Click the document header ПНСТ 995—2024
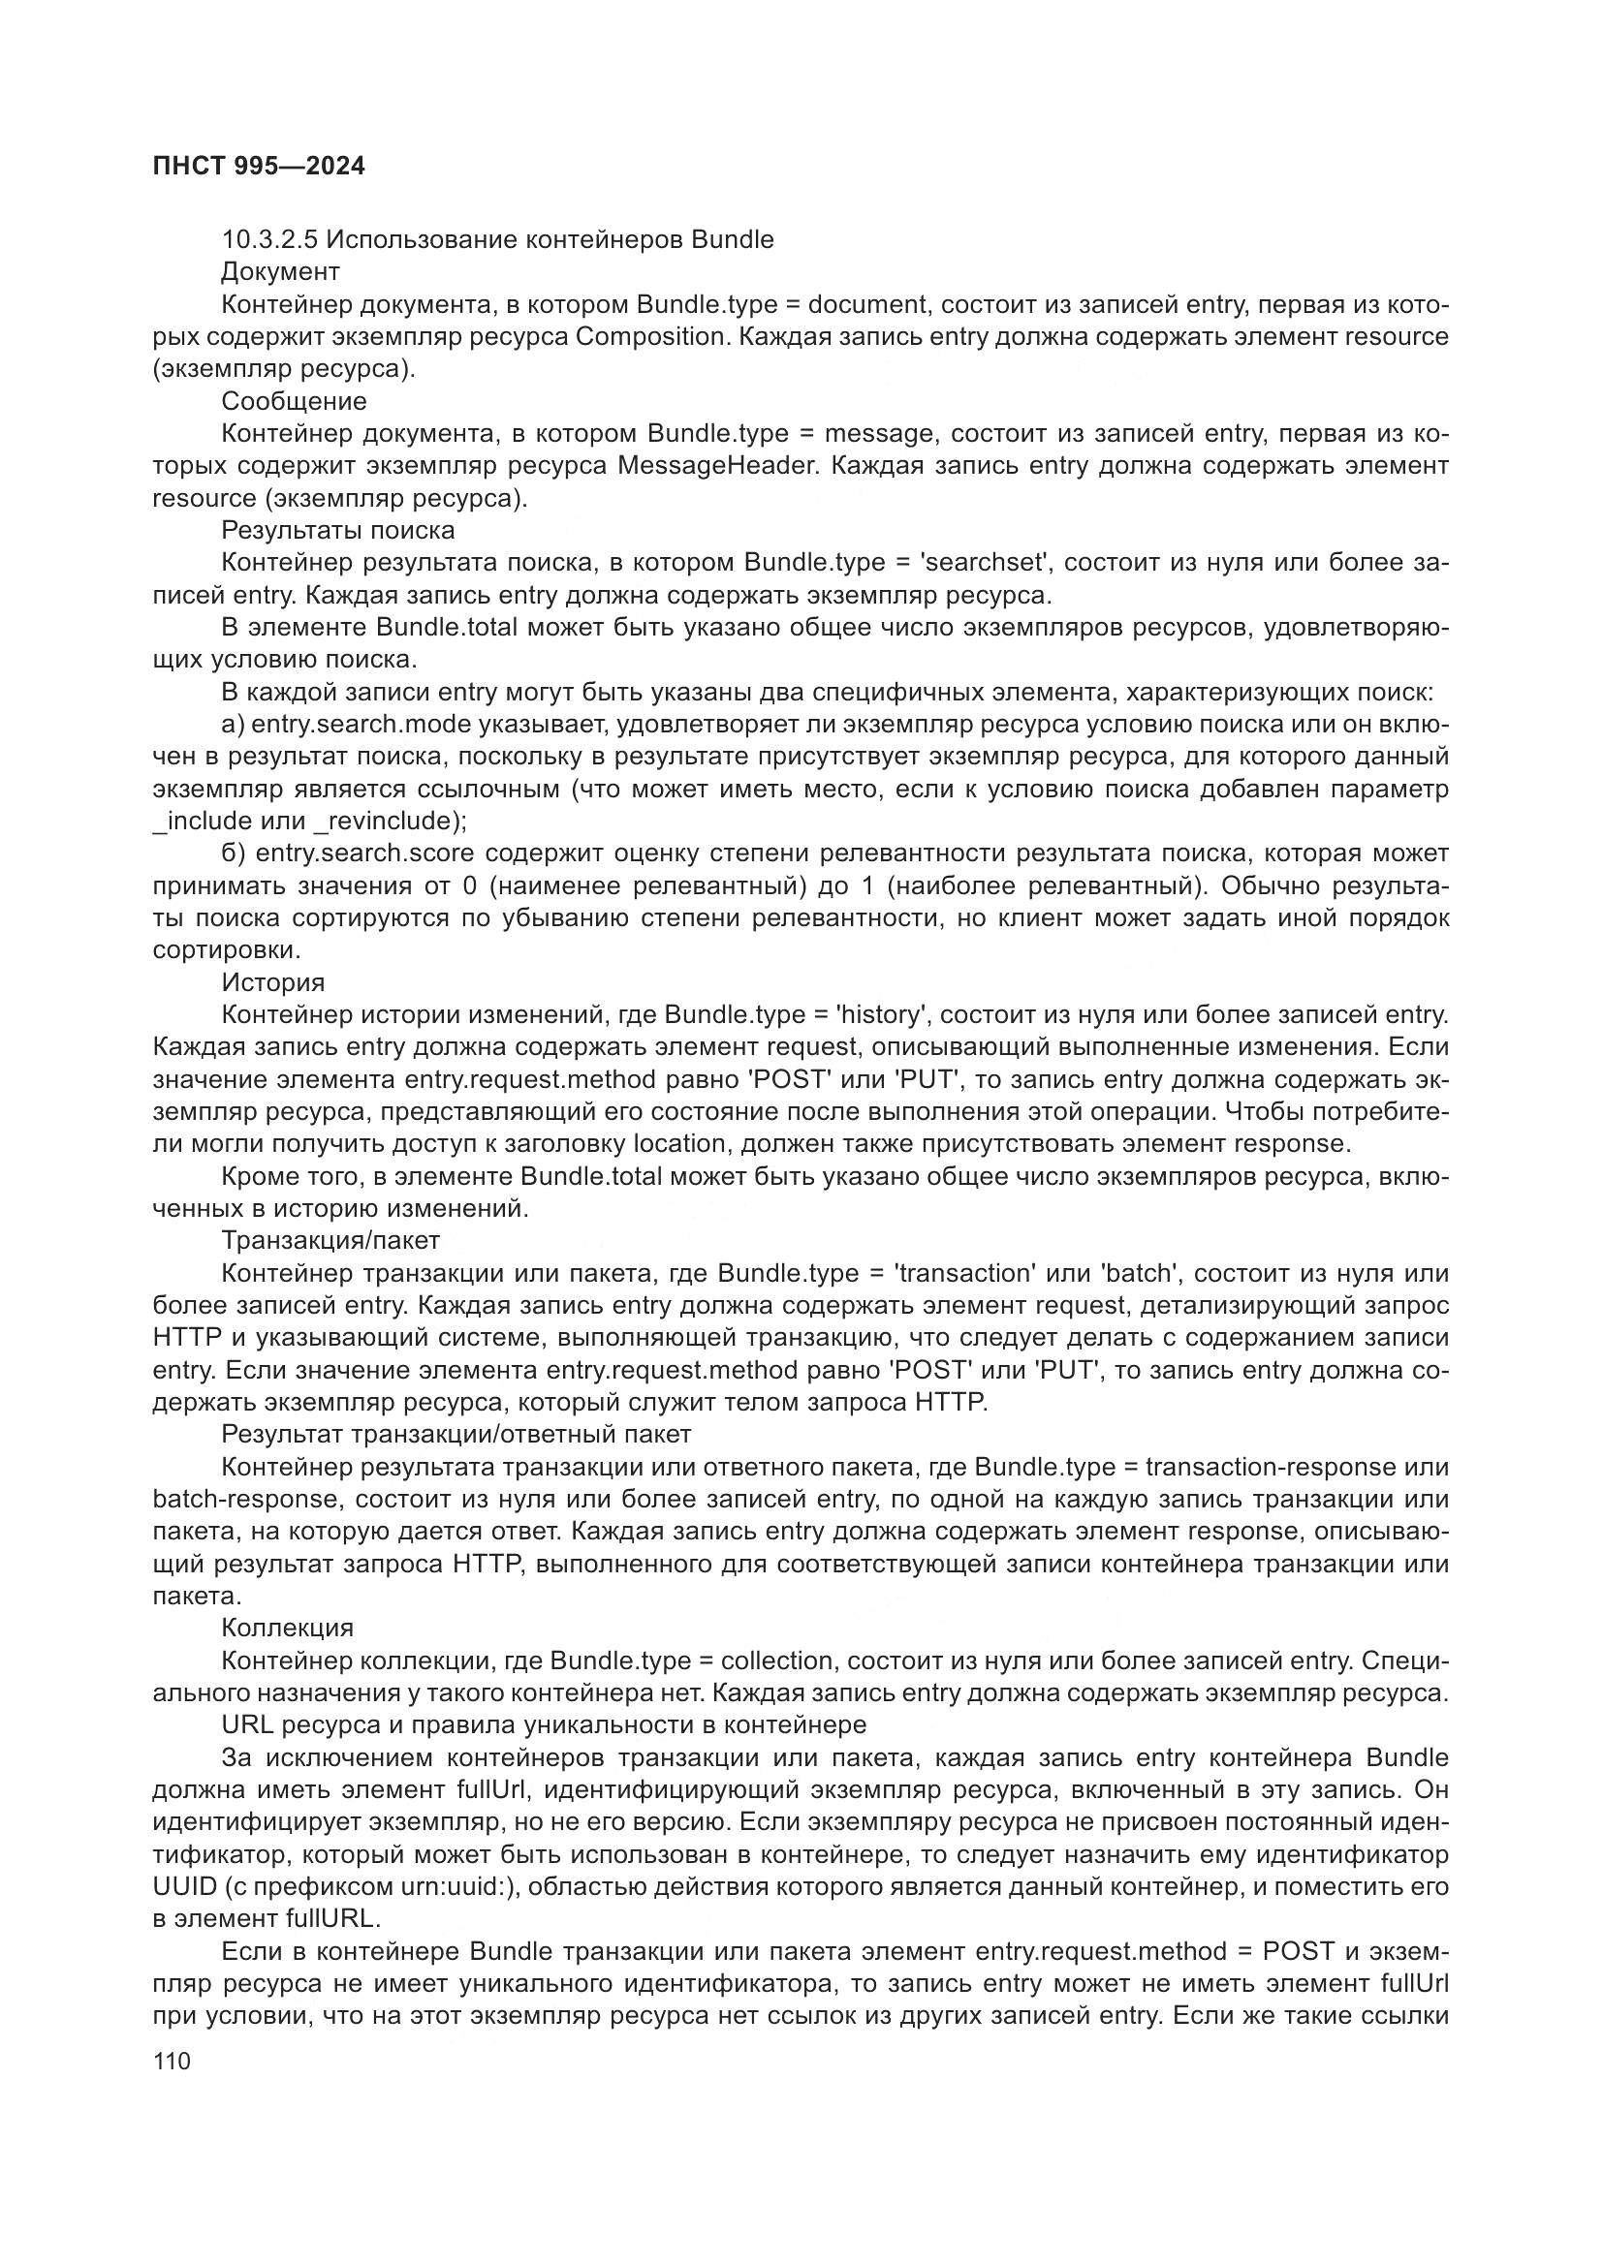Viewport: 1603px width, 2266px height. click(x=259, y=167)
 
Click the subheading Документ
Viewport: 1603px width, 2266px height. click(x=280, y=271)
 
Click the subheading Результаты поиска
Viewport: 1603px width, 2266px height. click(x=337, y=531)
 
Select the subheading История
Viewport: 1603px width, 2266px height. click(x=272, y=983)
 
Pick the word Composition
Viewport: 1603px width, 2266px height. click(x=650, y=336)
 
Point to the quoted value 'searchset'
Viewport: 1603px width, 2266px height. click(x=981, y=563)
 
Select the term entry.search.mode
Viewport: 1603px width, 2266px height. click(x=361, y=725)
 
